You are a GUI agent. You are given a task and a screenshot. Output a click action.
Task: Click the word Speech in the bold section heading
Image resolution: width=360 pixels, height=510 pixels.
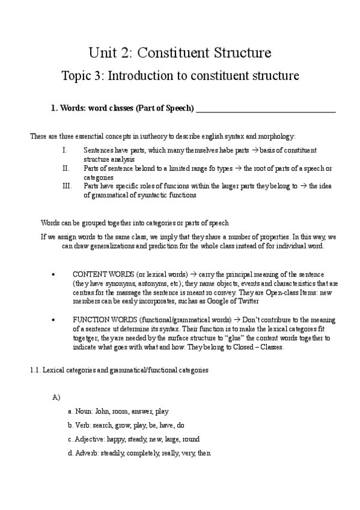[178, 108]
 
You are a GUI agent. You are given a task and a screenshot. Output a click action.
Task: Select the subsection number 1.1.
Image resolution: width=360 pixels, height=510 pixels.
[35, 370]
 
